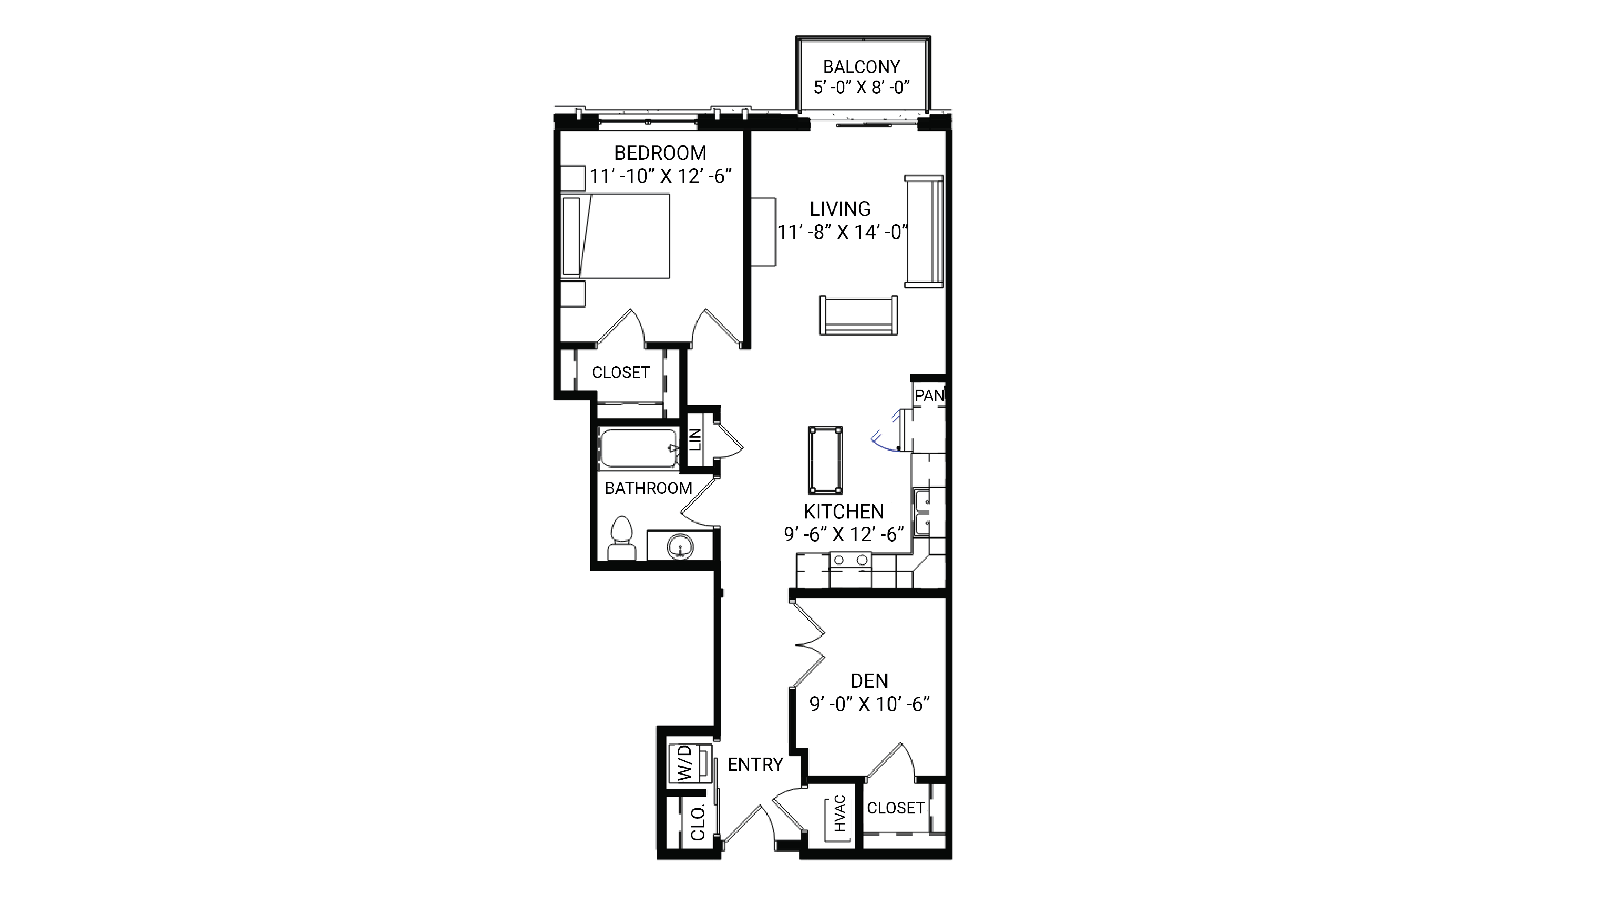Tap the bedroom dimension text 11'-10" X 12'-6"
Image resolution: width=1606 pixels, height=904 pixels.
[x=660, y=176]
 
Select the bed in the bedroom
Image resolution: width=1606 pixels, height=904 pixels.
[x=616, y=236]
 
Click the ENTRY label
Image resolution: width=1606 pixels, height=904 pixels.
[x=755, y=764]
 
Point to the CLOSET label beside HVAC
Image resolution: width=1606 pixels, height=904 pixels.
[x=895, y=808]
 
